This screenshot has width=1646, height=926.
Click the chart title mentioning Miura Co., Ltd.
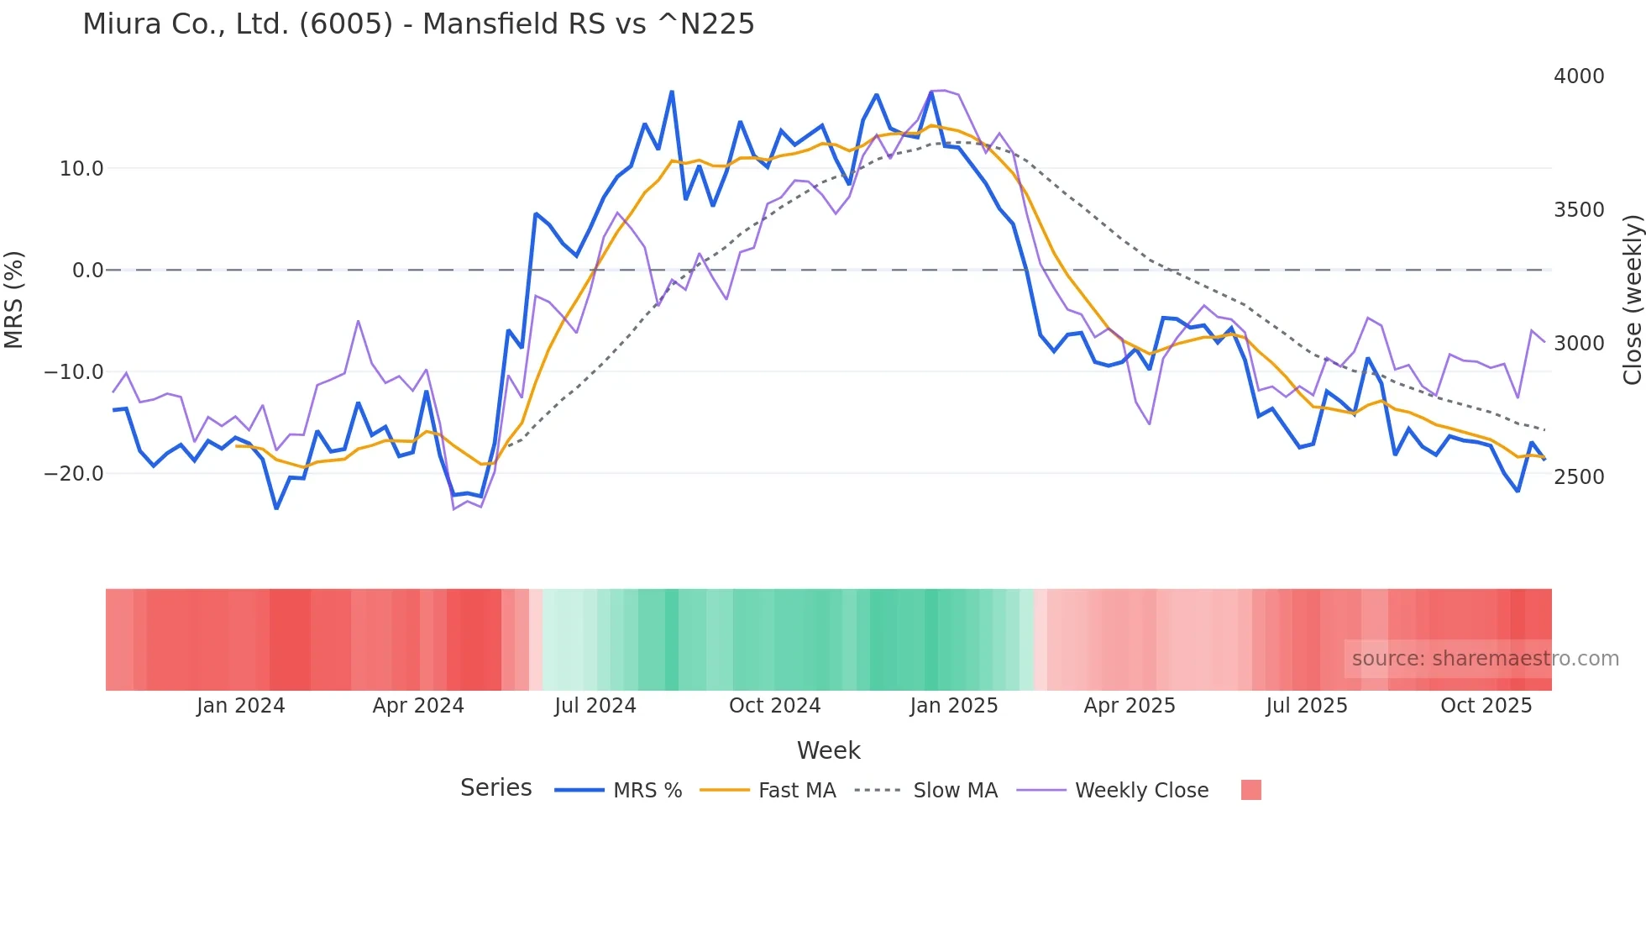click(x=418, y=24)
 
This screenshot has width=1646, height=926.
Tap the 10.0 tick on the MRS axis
click(x=81, y=169)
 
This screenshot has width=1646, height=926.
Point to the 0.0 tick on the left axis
click(x=88, y=271)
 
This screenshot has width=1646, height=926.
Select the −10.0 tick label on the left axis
click(x=74, y=372)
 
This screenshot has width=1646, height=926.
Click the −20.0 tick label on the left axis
click(x=74, y=474)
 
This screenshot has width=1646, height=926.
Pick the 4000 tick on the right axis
click(x=1579, y=76)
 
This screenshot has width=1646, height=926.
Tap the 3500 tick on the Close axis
click(x=1579, y=210)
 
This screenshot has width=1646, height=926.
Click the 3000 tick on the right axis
click(x=1579, y=344)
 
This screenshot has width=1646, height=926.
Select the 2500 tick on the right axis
click(x=1579, y=477)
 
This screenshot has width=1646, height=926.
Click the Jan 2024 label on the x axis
click(x=241, y=706)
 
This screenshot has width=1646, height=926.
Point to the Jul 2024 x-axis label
click(x=595, y=706)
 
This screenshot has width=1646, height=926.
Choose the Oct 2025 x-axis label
click(x=1486, y=706)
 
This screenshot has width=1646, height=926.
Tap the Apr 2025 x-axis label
click(x=1130, y=706)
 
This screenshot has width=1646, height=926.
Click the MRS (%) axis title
click(x=14, y=300)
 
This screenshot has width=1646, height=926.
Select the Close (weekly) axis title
click(x=1633, y=300)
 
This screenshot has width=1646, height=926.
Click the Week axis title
click(x=829, y=750)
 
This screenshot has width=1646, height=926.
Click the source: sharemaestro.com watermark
click(x=1485, y=659)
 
